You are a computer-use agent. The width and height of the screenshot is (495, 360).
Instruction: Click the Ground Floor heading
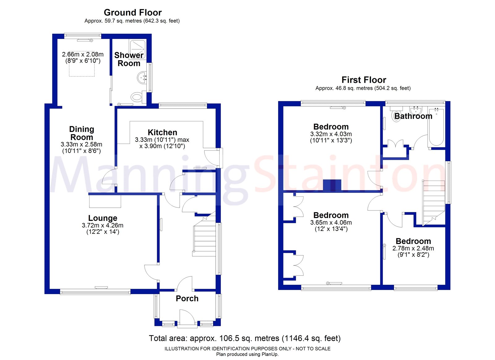[133, 13]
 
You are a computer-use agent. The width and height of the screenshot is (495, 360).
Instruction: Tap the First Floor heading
[364, 80]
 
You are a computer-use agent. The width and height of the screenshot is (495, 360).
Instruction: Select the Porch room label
[187, 298]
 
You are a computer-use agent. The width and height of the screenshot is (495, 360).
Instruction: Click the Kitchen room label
[162, 132]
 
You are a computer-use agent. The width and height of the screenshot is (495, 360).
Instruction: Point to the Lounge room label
[103, 218]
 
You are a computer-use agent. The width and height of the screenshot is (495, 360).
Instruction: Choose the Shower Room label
[129, 59]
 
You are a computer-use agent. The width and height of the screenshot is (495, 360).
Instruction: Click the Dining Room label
[82, 133]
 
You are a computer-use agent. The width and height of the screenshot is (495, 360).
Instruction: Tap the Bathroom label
[413, 116]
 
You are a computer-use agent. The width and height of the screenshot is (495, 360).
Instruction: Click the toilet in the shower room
[136, 97]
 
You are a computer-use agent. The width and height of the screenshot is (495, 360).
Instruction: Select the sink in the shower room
[142, 77]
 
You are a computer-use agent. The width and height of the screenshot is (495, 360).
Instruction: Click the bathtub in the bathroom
[436, 127]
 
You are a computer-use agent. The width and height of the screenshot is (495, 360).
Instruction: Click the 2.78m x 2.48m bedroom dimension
[413, 248]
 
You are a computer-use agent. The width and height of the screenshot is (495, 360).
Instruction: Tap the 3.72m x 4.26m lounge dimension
[103, 225]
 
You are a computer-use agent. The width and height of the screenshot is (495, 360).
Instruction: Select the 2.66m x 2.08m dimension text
[83, 54]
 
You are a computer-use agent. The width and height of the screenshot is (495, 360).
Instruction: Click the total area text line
[244, 338]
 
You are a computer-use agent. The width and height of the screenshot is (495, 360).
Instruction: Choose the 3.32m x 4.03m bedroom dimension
[331, 134]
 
